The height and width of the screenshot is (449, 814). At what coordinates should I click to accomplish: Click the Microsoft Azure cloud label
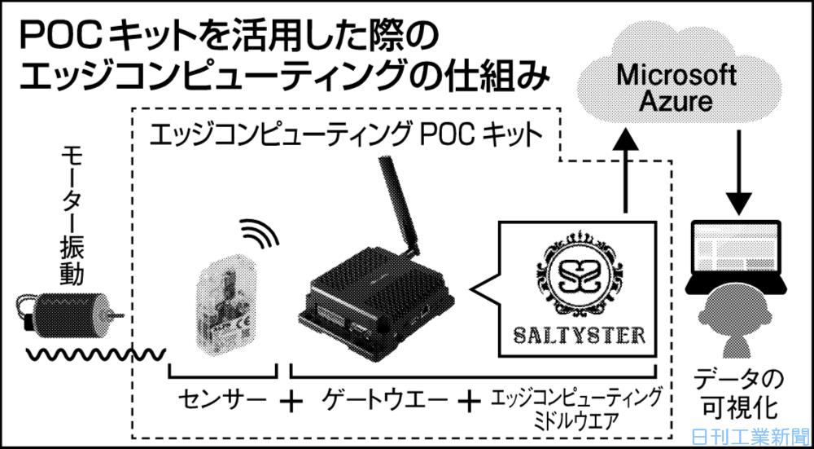(x=676, y=88)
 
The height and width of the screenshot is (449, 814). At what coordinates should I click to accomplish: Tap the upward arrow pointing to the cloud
(x=626, y=171)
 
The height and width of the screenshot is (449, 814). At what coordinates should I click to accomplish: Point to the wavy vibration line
(x=97, y=355)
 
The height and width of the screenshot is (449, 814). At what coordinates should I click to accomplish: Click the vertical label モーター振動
(x=72, y=216)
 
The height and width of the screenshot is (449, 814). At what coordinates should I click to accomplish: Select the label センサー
(x=221, y=400)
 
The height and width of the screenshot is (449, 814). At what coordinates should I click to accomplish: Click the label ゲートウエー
(x=385, y=400)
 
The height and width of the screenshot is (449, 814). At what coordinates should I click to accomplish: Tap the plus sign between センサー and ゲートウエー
(x=293, y=401)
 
